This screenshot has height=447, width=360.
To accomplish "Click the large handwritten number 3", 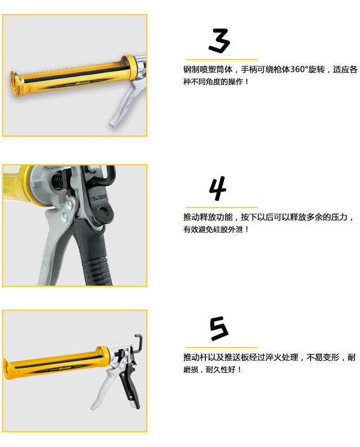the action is point(219,40).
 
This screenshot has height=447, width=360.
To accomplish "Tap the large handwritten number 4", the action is point(218,188).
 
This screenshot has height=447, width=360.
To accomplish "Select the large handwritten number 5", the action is point(219,328).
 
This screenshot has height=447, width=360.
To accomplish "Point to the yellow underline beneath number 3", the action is point(222,60).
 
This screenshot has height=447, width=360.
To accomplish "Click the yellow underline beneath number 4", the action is point(222,207).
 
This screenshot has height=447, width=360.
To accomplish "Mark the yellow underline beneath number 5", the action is point(222,347).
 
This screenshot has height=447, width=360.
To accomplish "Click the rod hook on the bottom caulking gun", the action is point(138,342).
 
